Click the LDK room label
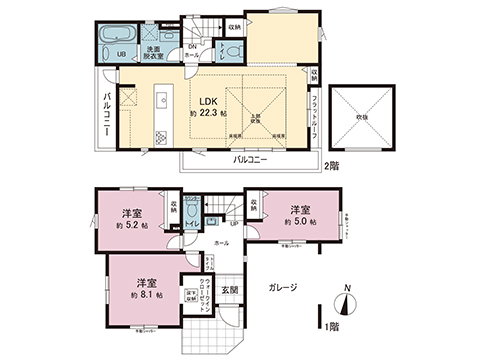(209, 100)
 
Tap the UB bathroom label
(120, 54)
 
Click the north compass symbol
(346, 301)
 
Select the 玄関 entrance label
(227, 291)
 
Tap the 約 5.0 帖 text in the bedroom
(298, 221)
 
